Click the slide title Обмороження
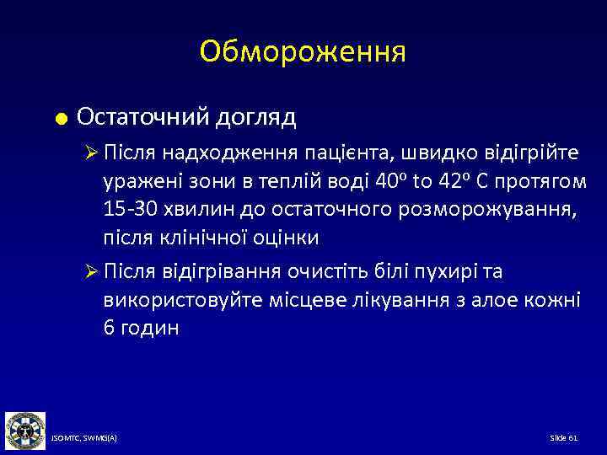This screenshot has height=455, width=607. tap(303, 52)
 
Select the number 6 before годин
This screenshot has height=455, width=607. tap(109, 328)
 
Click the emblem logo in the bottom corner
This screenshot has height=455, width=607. tap(24, 431)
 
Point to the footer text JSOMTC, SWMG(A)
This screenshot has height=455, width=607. tap(84, 440)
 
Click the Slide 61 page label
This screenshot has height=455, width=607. tap(563, 440)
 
